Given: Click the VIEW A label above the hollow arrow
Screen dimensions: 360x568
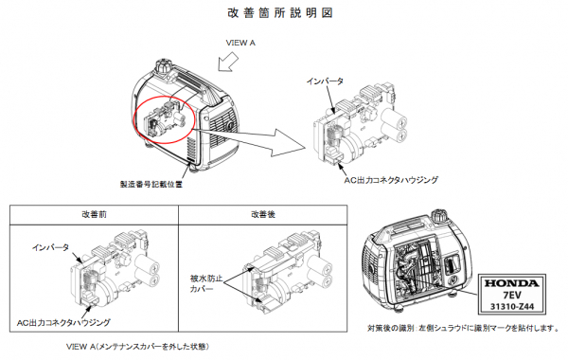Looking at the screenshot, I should click(x=240, y=44).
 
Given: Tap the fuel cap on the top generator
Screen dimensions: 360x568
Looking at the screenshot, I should click(x=164, y=69).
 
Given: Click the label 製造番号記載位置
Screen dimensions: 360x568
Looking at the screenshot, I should click(x=151, y=186).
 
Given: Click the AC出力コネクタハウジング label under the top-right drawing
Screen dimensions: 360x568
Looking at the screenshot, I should click(x=390, y=179).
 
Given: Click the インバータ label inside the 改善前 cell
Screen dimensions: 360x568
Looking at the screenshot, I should click(x=50, y=247).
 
